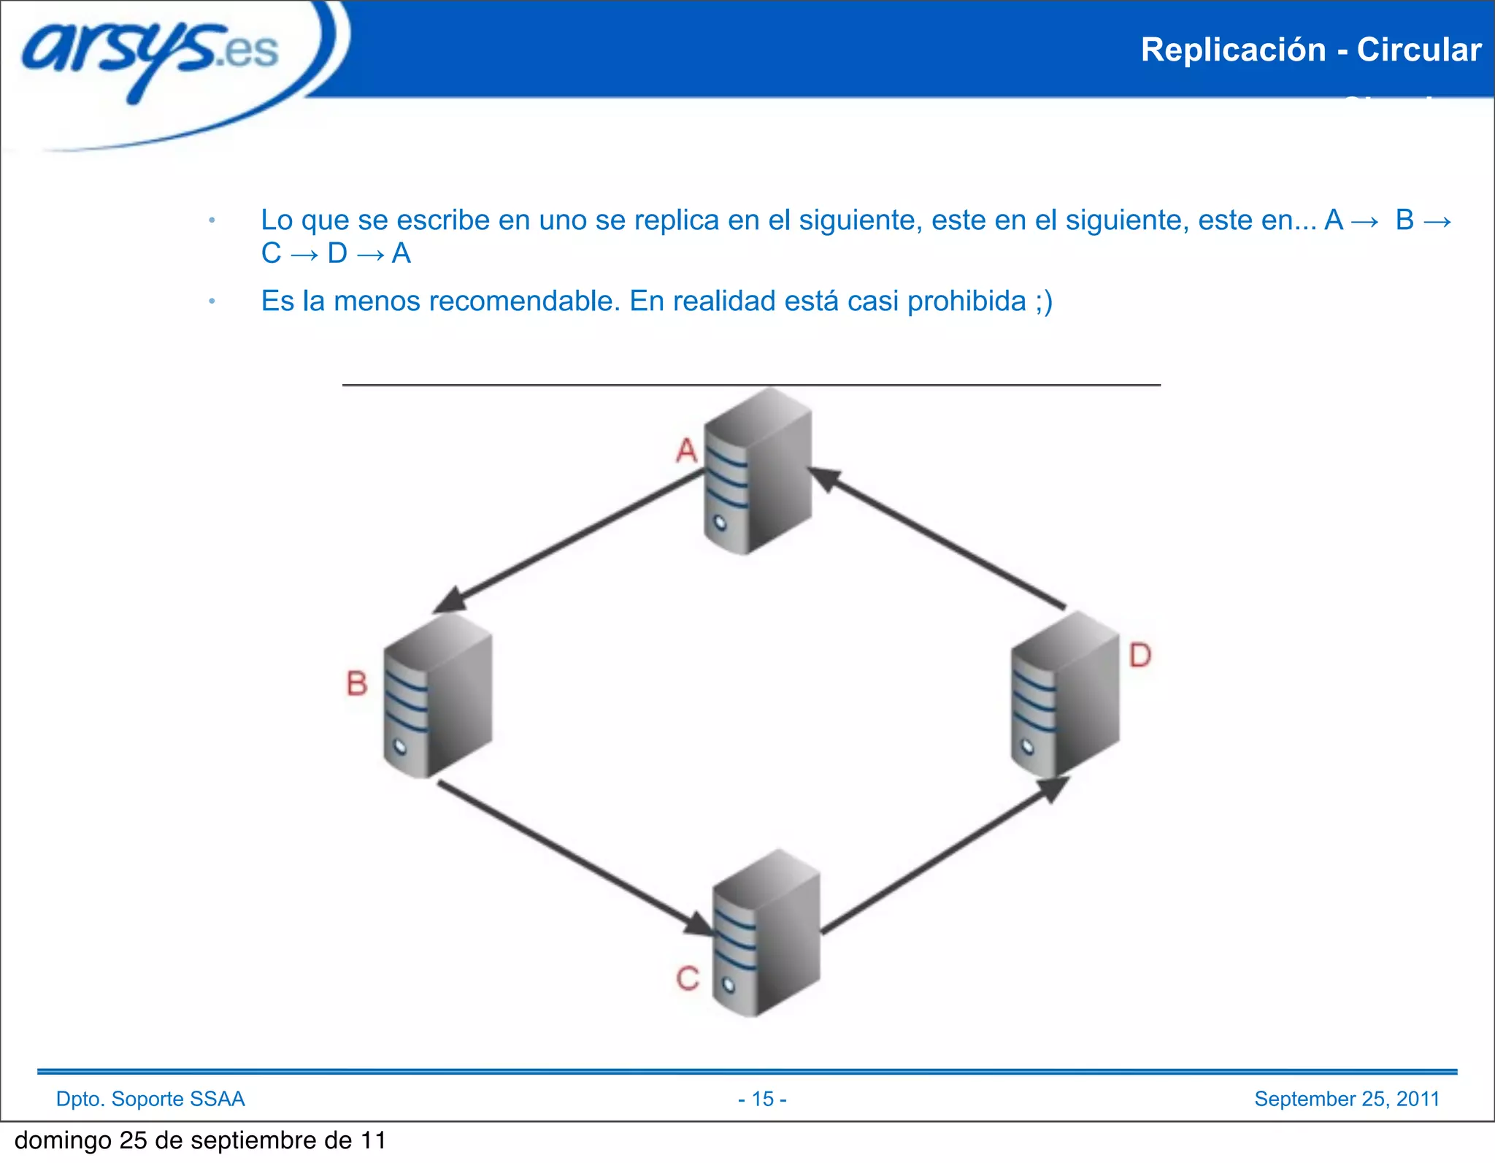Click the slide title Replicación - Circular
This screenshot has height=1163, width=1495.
pyautogui.click(x=1310, y=50)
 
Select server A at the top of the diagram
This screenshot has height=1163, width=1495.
pyautogui.click(x=758, y=472)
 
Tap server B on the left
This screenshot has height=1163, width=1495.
pyautogui.click(x=437, y=696)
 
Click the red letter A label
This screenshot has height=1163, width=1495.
pyautogui.click(x=686, y=450)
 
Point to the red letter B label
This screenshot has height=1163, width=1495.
pyautogui.click(x=356, y=683)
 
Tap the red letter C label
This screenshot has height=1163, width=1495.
pyautogui.click(x=687, y=978)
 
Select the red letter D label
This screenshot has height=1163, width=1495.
pyautogui.click(x=1139, y=655)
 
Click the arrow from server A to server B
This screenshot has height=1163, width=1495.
pyautogui.click(x=569, y=541)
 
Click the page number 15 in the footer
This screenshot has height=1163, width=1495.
pyautogui.click(x=762, y=1099)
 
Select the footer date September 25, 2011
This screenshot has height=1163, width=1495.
pyautogui.click(x=1346, y=1099)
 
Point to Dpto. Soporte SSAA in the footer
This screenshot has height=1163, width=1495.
pyautogui.click(x=150, y=1099)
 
